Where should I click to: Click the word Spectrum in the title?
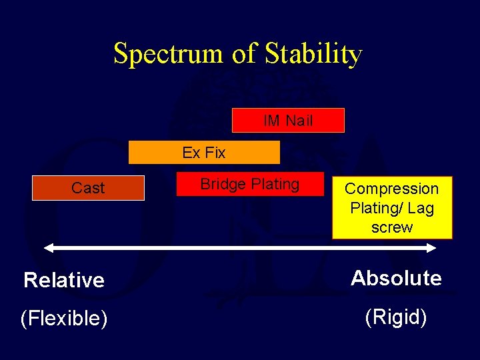tap(169, 54)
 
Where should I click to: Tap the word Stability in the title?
tap(313, 54)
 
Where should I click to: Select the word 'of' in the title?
tap(244, 54)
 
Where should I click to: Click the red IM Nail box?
tap(288, 121)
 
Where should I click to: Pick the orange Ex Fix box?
tap(204, 153)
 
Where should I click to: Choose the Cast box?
tap(88, 188)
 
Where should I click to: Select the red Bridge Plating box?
tap(249, 184)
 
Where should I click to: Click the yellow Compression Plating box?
tap(392, 208)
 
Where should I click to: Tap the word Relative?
tap(64, 280)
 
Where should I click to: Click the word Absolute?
tap(396, 278)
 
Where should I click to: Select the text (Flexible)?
tap(64, 319)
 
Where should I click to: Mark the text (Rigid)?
tap(396, 317)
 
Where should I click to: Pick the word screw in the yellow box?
tap(392, 227)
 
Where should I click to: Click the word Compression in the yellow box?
tap(392, 189)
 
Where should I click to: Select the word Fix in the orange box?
tap(215, 153)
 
